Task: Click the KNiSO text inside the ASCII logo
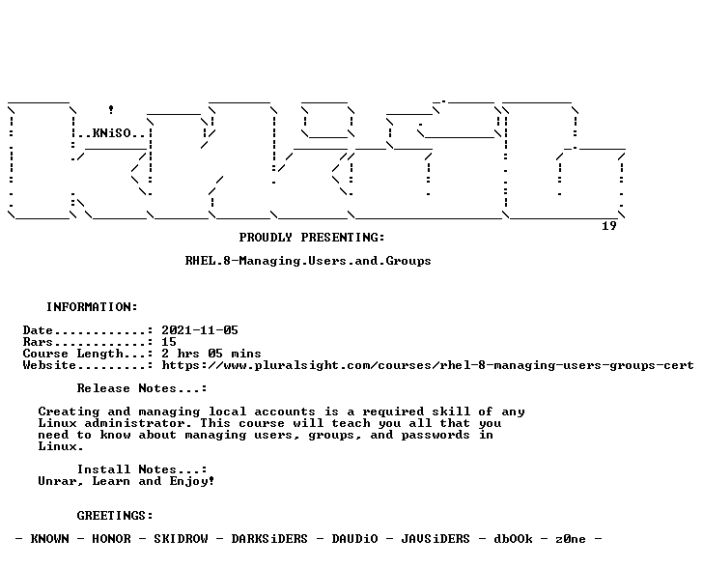coord(112,133)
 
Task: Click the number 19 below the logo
coord(608,226)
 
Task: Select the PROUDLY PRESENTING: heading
coord(312,238)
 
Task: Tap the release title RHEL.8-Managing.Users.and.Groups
coord(308,261)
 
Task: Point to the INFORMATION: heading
coord(92,307)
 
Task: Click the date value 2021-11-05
coord(200,330)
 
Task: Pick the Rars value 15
coord(169,342)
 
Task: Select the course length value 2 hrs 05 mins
coord(211,354)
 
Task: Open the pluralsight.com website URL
coord(428,365)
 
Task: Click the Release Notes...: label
coord(142,388)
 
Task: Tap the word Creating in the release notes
coord(70,412)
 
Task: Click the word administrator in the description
coord(134,423)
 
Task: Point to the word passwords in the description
coord(436,436)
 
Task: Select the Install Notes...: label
coord(142,469)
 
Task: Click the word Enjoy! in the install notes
coord(192,481)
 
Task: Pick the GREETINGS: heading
coord(115,516)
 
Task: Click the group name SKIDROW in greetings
coord(181,539)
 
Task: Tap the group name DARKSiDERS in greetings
coord(269,539)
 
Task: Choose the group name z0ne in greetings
coord(571,539)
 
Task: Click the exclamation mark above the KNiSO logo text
coord(111,109)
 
